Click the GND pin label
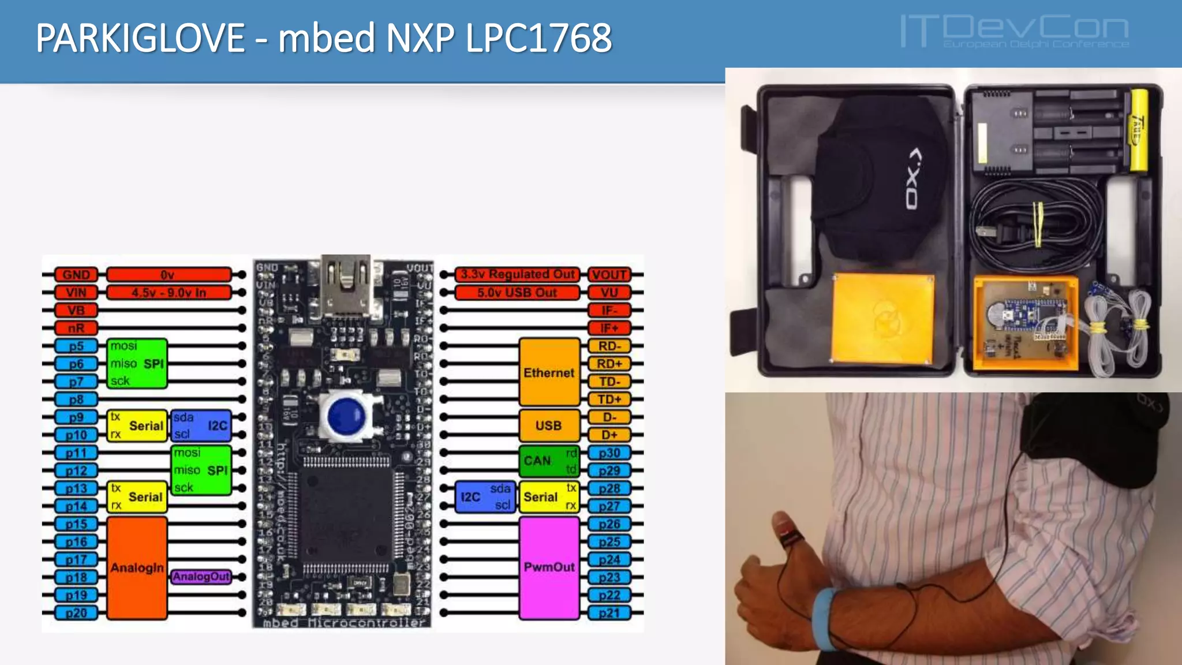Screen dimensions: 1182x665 pyautogui.click(x=76, y=275)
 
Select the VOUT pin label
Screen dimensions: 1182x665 pyautogui.click(x=609, y=275)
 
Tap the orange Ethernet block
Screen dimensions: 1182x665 pyautogui.click(x=549, y=372)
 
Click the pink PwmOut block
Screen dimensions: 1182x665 pyautogui.click(x=549, y=567)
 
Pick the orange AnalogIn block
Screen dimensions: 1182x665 pyautogui.click(x=137, y=568)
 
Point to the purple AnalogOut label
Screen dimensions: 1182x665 pyautogui.click(x=201, y=577)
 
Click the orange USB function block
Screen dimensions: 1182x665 pyautogui.click(x=548, y=425)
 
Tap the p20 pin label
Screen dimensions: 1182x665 pyautogui.click(x=76, y=613)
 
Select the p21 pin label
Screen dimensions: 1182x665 pyautogui.click(x=609, y=613)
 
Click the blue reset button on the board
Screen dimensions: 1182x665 pyautogui.click(x=346, y=415)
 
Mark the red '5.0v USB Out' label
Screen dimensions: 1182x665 pyautogui.click(x=517, y=293)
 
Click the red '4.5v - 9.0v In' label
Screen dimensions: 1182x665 pyautogui.click(x=169, y=293)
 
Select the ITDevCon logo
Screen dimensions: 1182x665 pyautogui.click(x=1014, y=32)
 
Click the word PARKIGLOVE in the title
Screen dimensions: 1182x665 pyautogui.click(x=140, y=38)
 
